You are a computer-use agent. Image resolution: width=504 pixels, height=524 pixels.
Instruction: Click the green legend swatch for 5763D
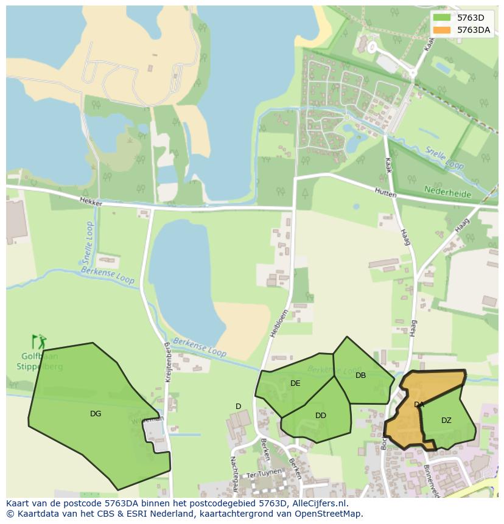click(442, 18)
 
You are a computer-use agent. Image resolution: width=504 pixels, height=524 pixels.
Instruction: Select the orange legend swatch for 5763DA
click(442, 30)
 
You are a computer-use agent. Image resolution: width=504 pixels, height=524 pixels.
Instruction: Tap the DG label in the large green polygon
click(96, 414)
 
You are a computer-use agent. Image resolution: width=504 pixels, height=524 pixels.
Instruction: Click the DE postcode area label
click(295, 383)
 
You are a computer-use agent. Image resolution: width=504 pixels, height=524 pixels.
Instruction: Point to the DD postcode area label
click(321, 416)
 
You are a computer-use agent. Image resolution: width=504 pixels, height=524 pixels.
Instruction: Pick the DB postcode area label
click(361, 376)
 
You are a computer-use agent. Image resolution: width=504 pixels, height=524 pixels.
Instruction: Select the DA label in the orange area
click(419, 405)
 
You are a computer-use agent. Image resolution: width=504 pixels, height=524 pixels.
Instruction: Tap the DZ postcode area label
click(446, 421)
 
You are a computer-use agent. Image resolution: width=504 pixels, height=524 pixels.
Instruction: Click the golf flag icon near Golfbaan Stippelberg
click(38, 342)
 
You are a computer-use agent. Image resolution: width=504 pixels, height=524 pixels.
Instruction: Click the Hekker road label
click(91, 201)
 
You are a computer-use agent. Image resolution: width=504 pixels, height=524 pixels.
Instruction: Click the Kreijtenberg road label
click(168, 362)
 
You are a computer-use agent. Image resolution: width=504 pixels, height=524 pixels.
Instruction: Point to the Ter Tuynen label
click(264, 472)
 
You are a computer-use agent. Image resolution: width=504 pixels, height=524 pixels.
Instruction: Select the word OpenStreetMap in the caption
click(329, 514)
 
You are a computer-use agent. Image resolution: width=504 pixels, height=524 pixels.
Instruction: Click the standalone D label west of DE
click(238, 407)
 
